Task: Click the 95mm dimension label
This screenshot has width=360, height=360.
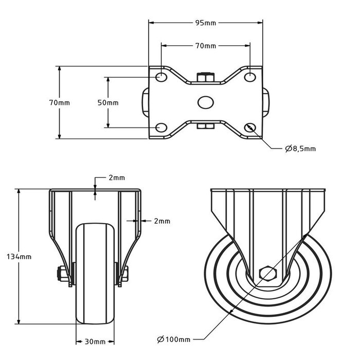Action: coord(205,23)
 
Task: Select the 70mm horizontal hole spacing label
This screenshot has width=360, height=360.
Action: coord(205,46)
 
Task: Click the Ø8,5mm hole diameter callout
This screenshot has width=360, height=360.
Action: coord(300,149)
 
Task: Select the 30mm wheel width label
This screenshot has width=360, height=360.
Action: coord(95,341)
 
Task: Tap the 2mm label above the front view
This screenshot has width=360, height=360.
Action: coord(116,178)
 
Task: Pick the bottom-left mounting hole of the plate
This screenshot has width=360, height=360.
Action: coord(161,128)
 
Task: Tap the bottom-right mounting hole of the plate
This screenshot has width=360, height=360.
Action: coord(250,128)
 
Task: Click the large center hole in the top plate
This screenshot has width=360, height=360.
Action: coord(205,102)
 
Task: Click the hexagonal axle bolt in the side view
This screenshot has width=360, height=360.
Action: coord(267,273)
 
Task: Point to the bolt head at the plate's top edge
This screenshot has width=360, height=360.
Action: coord(205,78)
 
